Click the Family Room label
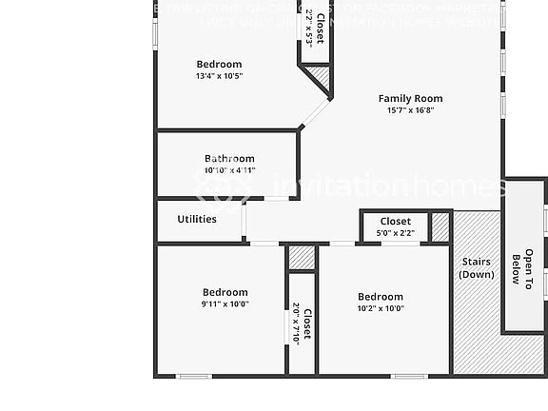tap(410, 98)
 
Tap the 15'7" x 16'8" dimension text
tap(410, 110)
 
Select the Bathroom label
tap(229, 159)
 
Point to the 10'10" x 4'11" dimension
tap(229, 170)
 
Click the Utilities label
tap(197, 219)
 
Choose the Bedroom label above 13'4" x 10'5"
tap(219, 65)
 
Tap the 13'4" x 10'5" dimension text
tap(219, 76)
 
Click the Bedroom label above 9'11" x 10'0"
tap(225, 293)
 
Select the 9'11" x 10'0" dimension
tap(225, 304)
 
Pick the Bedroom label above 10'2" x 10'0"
tap(381, 297)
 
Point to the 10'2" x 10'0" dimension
tap(381, 308)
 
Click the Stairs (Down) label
tap(476, 267)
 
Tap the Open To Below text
tap(522, 269)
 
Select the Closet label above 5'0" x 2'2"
tap(396, 222)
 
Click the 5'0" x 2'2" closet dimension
tap(396, 232)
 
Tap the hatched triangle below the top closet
tap(320, 77)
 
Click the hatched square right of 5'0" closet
tap(440, 227)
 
